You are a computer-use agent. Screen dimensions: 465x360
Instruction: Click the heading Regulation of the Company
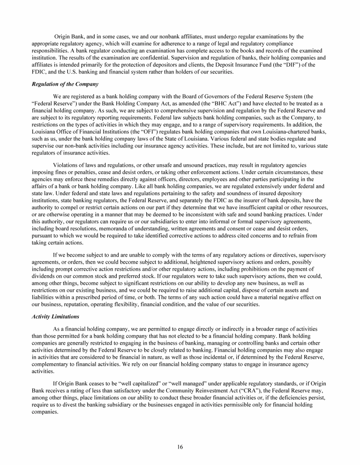[x=65, y=84]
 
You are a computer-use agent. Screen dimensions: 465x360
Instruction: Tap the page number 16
[x=180, y=447]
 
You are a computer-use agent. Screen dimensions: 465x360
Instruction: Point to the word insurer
[x=231, y=198]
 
